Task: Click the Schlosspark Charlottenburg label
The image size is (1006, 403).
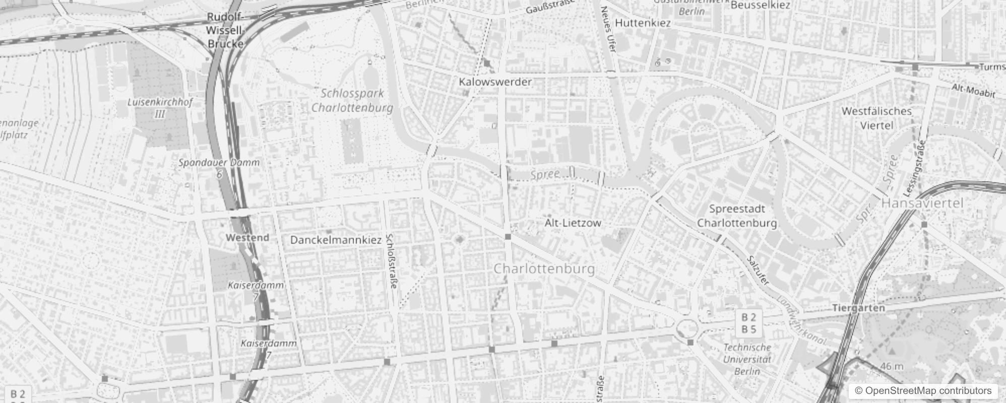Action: [x=352, y=100]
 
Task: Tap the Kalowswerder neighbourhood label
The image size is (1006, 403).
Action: [x=495, y=82]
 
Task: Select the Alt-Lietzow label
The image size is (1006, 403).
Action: [x=573, y=223]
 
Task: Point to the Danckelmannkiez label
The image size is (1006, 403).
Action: [x=336, y=240]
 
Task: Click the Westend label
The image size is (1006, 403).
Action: [x=247, y=237]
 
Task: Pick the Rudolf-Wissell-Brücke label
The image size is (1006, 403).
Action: [x=225, y=31]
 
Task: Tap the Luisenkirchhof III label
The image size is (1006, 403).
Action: [x=160, y=108]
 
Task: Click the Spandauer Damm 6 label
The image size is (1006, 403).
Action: [x=219, y=168]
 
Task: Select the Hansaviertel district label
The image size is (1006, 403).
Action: [x=922, y=203]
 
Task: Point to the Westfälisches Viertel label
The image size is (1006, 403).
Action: [x=876, y=118]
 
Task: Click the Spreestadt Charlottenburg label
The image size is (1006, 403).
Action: [x=737, y=216]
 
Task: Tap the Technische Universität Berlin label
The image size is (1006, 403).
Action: [x=747, y=359]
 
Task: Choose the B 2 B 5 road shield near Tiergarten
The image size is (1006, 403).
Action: [x=749, y=323]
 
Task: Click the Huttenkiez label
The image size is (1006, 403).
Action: [x=643, y=23]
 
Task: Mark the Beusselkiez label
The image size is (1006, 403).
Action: [x=760, y=6]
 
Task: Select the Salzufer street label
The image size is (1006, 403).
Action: [x=758, y=270]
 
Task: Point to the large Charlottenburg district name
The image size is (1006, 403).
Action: [x=544, y=268]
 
